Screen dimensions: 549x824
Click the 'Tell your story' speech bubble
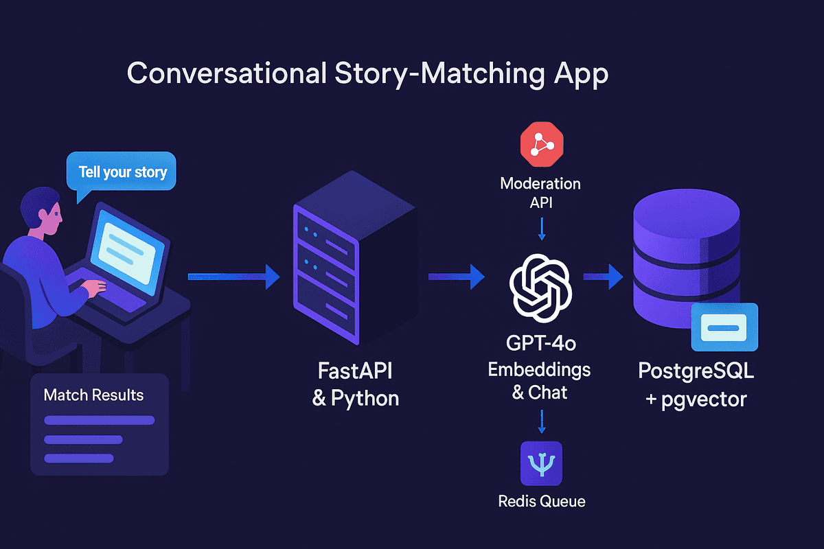[x=122, y=171]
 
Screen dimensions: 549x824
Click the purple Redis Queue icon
[x=541, y=463]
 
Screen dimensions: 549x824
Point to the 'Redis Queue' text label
[x=541, y=501]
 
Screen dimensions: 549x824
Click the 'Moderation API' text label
[x=540, y=193]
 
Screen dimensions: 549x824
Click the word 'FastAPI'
[x=355, y=372]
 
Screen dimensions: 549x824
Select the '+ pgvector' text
[x=696, y=398]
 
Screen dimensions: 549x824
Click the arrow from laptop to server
[x=234, y=277]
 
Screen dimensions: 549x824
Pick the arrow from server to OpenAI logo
[x=456, y=277]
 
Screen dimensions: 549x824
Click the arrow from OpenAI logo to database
[x=603, y=277]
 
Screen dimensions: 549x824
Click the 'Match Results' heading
[x=93, y=395]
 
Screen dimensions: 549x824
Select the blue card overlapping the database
[x=724, y=328]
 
